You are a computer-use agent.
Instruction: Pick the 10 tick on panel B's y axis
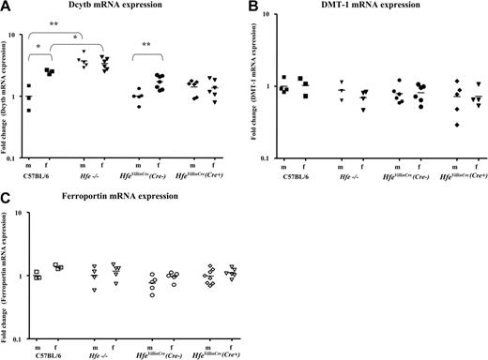[x=269, y=16]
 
